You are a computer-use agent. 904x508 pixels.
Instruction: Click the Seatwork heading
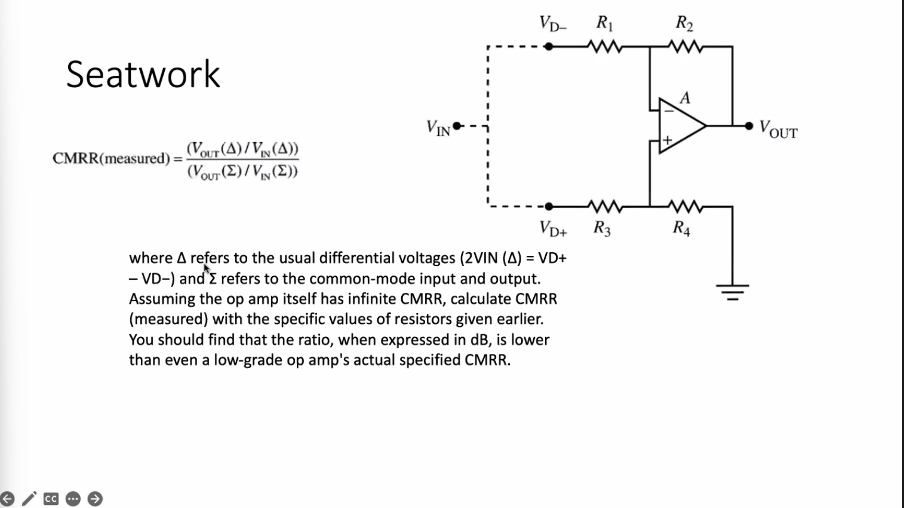point(143,75)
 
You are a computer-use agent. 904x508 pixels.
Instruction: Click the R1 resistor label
point(604,24)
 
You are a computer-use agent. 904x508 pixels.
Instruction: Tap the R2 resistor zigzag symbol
point(686,46)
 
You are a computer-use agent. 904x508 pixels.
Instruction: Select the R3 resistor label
point(602,228)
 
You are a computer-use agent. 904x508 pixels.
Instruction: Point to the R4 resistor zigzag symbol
point(686,207)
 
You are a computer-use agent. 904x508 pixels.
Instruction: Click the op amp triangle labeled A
point(681,126)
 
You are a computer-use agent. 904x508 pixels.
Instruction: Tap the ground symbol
point(733,292)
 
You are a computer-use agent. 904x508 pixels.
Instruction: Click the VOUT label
point(778,129)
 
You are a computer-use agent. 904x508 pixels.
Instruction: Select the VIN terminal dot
point(457,126)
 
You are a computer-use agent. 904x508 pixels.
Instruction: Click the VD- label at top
point(553,25)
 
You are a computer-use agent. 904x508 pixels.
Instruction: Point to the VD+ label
point(553,228)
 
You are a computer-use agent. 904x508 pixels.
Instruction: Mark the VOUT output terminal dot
point(749,126)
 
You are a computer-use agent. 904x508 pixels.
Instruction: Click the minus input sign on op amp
point(669,111)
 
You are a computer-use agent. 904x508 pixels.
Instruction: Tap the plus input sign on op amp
point(668,140)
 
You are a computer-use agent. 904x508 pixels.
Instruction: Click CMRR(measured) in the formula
point(111,159)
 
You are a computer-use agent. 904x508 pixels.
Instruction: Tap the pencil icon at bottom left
point(29,498)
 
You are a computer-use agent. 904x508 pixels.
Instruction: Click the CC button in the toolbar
point(51,498)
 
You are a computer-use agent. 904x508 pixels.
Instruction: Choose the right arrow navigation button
point(95,498)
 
